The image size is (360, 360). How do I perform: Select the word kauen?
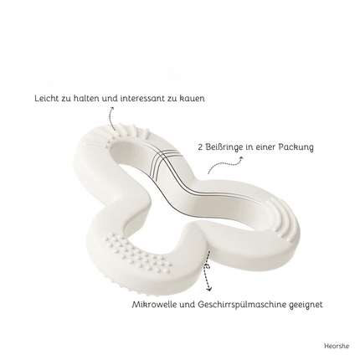tap(194, 98)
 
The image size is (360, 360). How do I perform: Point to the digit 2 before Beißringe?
tap(200, 147)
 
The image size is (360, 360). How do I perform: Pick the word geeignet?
tap(308, 305)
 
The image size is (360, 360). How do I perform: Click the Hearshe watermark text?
tap(337, 346)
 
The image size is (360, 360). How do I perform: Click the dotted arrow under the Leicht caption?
tap(111, 118)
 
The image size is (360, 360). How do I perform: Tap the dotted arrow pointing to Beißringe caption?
tap(225, 165)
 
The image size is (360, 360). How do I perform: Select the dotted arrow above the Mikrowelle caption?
tap(208, 270)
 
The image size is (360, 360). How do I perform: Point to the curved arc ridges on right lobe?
tap(282, 219)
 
